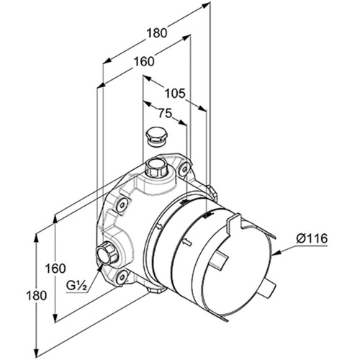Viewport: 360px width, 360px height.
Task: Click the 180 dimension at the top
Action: [x=157, y=33]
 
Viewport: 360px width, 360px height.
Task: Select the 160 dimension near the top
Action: [x=144, y=61]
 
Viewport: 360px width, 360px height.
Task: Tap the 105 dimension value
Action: [x=175, y=94]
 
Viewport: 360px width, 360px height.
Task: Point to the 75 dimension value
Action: [x=165, y=113]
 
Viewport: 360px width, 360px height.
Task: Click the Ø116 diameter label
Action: [x=312, y=238]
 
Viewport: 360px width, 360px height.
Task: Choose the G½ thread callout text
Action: [x=76, y=286]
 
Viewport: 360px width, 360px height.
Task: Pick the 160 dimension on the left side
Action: [x=55, y=269]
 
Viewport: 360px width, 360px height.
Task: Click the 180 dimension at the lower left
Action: [x=36, y=295]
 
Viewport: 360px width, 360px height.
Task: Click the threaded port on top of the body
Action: [x=156, y=168]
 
